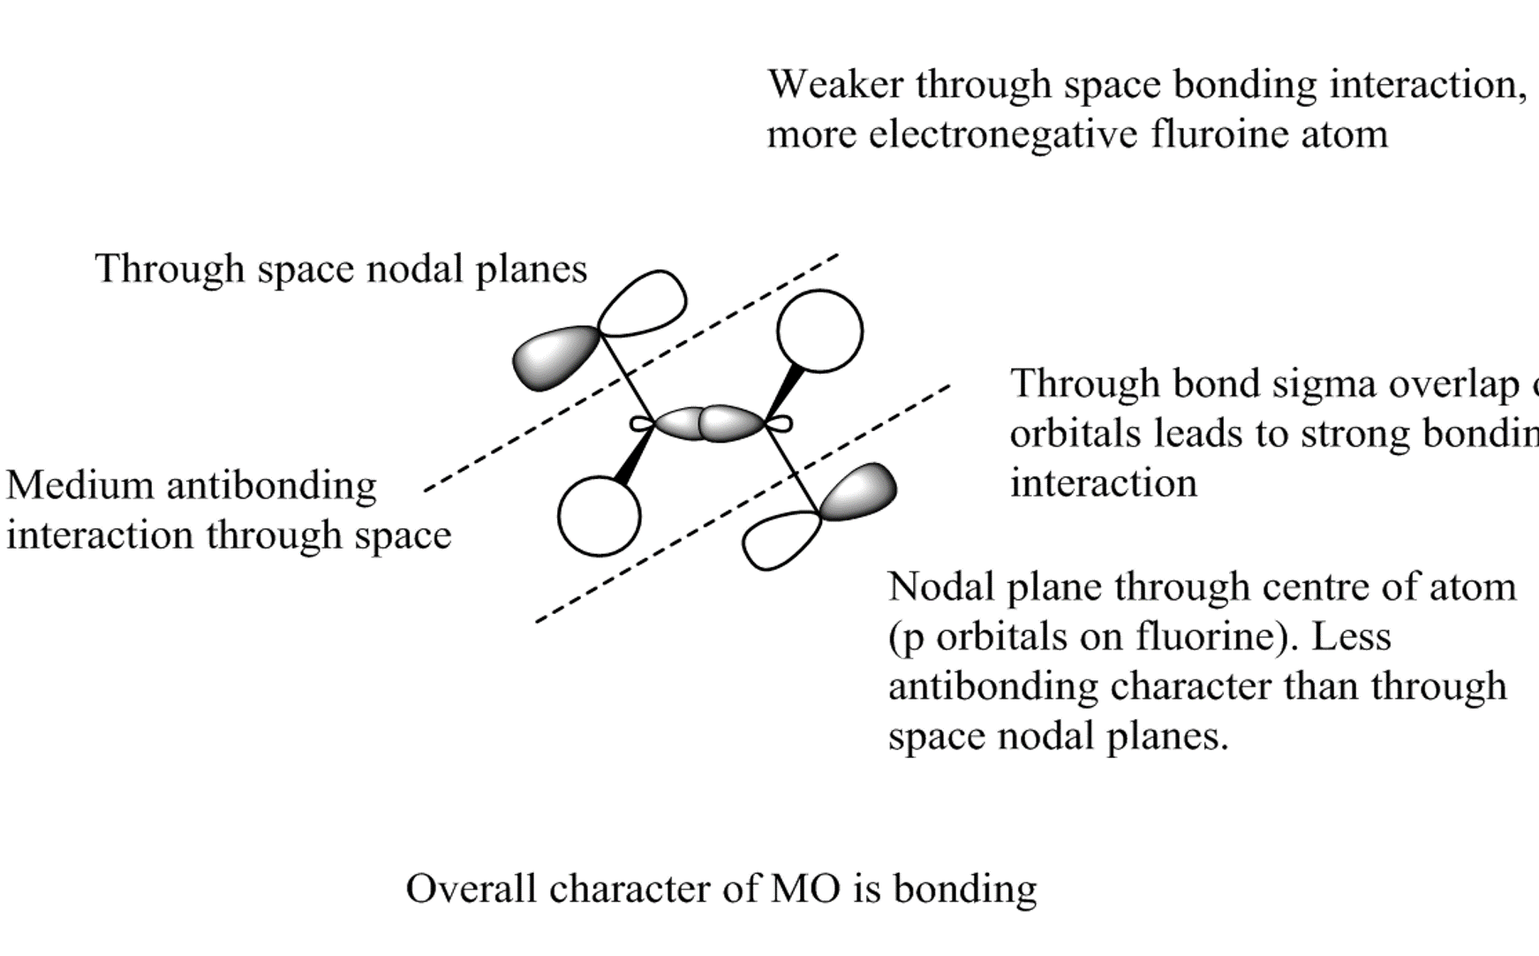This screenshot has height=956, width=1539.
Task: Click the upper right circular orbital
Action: click(x=819, y=330)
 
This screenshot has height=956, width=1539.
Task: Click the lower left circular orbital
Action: click(x=600, y=516)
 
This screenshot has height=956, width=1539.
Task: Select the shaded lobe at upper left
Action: click(x=554, y=357)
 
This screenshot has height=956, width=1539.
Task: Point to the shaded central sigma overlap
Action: click(x=710, y=424)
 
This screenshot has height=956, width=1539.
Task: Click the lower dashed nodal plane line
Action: click(x=742, y=505)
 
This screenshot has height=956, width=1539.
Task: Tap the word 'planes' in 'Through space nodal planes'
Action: click(x=532, y=269)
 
